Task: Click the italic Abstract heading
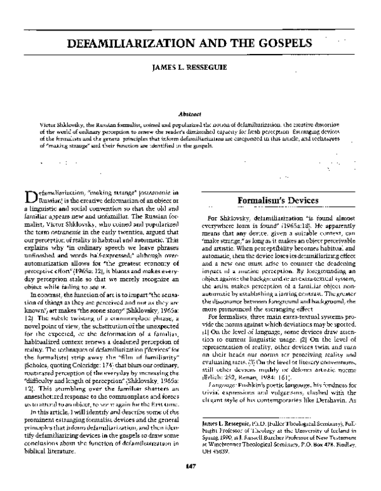click(x=190, y=108)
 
